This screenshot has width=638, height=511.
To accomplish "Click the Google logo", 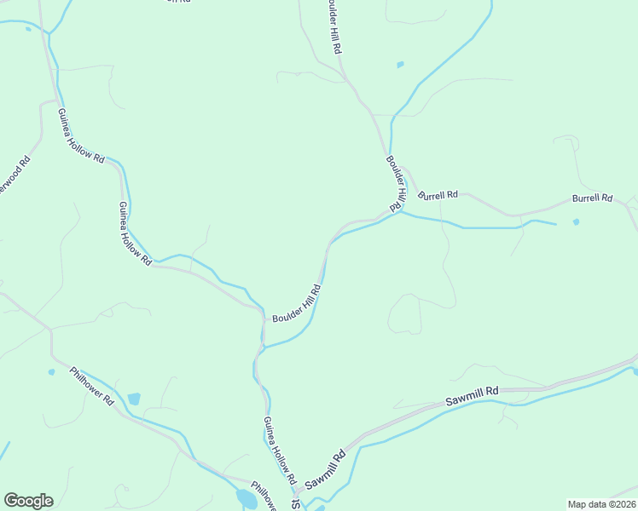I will pos(28,501).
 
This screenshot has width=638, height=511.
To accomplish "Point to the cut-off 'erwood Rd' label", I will pos(15,175).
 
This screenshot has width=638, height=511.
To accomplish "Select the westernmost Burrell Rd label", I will pos(438,195).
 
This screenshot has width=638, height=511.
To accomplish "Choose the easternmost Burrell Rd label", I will pos(592,198).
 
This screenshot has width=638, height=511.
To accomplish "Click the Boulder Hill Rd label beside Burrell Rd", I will pos(395,183).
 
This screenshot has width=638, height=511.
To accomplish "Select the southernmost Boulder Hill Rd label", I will pos(297,303).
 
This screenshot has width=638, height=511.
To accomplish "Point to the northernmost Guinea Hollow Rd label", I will pos(81,136).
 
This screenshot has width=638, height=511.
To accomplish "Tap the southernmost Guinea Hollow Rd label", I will pos(279,452).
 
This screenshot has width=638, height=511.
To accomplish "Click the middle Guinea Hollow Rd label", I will pos(135,233).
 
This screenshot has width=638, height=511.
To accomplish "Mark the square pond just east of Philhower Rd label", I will pos(133,399).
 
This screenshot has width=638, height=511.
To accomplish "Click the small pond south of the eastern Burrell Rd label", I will pos(577,222).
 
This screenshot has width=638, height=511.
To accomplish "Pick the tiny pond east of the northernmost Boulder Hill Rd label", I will pos(400,64).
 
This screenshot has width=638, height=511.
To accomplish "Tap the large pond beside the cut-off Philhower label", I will pos(246,498).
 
